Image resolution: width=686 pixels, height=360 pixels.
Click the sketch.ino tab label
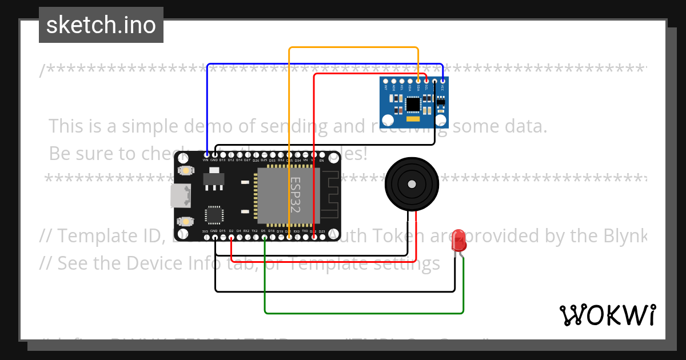pyautogui.click(x=101, y=25)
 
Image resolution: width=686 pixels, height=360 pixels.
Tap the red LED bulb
pyautogui.click(x=458, y=241)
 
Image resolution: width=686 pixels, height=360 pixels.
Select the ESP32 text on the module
pyautogui.click(x=295, y=194)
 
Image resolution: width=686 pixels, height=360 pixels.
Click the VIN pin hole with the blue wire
pyautogui.click(x=206, y=155)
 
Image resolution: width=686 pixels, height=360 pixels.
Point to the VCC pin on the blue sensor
pyautogui.click(x=442, y=82)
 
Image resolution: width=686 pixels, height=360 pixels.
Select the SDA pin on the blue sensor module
pyautogui.click(x=418, y=82)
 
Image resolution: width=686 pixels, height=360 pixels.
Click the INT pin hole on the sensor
pyautogui.click(x=386, y=82)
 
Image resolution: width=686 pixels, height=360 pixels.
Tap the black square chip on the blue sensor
pyautogui.click(x=412, y=105)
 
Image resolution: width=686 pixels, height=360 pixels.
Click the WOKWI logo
pyautogui.click(x=607, y=315)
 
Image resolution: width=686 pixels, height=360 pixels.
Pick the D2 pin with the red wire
pyautogui.click(x=231, y=237)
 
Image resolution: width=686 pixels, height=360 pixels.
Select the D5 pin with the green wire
pyautogui.click(x=264, y=237)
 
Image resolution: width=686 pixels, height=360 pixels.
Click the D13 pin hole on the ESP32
pyautogui.click(x=222, y=155)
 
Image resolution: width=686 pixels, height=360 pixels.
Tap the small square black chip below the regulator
pyautogui.click(x=214, y=214)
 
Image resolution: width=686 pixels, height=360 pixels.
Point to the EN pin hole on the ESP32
pyautogui.click(x=322, y=155)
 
